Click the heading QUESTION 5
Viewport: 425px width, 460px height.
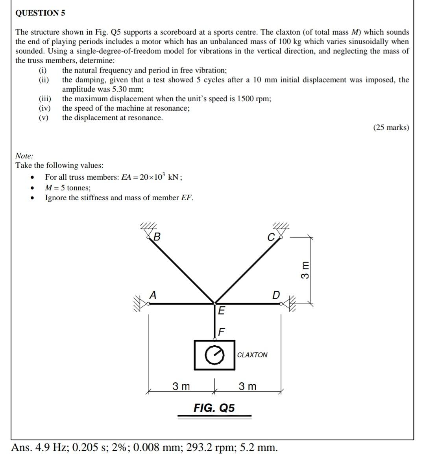click(40, 13)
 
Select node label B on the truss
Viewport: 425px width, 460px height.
click(157, 237)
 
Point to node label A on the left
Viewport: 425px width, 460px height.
click(153, 294)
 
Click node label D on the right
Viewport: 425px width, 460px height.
click(276, 295)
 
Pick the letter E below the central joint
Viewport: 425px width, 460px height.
click(221, 311)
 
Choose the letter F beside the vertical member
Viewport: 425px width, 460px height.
click(221, 332)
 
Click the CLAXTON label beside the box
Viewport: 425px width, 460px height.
click(252, 355)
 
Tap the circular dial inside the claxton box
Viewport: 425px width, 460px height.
click(214, 355)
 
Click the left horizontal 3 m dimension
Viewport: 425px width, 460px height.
click(181, 386)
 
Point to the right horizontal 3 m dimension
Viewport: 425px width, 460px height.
click(248, 386)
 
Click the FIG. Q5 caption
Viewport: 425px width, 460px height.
click(214, 408)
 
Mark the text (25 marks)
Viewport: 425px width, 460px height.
click(391, 127)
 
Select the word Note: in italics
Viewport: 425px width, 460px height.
click(24, 156)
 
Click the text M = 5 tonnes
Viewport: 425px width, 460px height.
click(68, 188)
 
